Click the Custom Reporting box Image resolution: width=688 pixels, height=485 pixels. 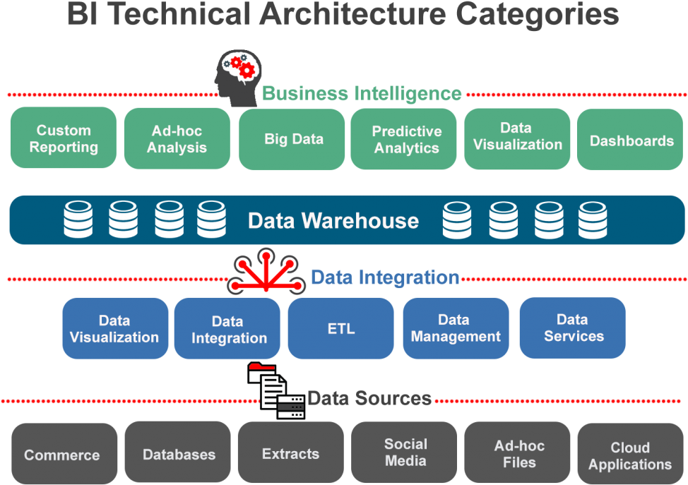(64, 138)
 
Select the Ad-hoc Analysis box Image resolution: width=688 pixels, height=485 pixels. (177, 138)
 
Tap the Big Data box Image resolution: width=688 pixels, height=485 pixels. (292, 139)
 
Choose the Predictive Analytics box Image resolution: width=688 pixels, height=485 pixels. (405, 139)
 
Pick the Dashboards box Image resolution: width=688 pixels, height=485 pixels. (631, 140)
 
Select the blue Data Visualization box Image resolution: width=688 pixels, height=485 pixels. (115, 328)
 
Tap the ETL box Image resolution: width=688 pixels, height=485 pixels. (341, 328)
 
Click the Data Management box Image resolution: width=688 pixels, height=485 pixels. (456, 328)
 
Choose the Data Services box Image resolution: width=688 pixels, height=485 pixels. (572, 328)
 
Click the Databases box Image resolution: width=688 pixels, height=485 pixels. (178, 454)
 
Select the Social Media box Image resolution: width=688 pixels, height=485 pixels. (405, 453)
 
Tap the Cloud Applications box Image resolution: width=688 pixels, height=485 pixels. (630, 455)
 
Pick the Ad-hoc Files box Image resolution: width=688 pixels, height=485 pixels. (518, 453)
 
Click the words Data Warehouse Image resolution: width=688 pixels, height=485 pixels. (333, 220)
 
